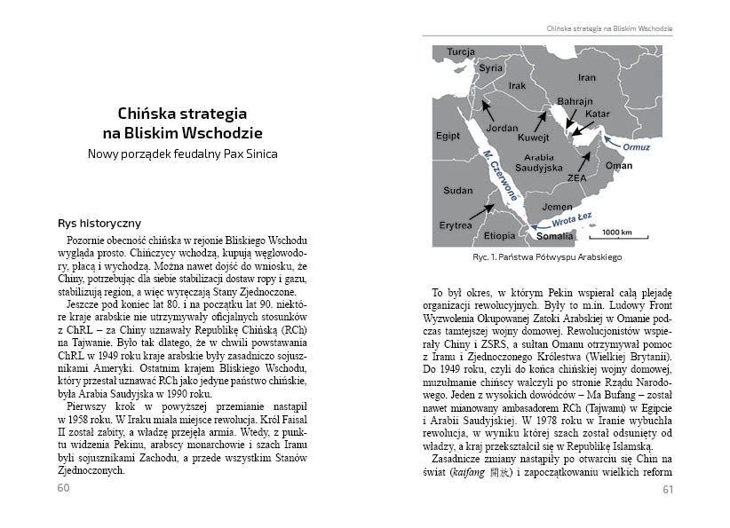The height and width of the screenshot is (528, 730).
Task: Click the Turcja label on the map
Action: tap(461, 52)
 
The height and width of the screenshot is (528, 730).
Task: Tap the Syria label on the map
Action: tap(490, 67)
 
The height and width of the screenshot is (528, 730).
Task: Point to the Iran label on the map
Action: tap(586, 77)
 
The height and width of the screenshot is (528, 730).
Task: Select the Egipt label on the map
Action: tap(448, 136)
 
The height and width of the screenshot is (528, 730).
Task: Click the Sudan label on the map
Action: tap(458, 190)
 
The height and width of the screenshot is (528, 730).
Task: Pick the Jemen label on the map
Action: tap(558, 207)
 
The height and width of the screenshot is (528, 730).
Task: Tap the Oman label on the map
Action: tap(619, 166)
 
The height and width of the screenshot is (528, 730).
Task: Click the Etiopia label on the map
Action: tap(499, 236)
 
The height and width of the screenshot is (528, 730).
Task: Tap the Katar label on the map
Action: tap(598, 114)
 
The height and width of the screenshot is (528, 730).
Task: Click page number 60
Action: tap(63, 488)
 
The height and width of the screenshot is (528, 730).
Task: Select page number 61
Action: tap(668, 488)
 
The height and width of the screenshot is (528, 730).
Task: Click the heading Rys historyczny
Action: tap(99, 224)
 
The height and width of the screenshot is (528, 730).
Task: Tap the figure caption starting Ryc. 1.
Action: tap(547, 257)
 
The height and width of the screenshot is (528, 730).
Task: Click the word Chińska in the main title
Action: tap(150, 114)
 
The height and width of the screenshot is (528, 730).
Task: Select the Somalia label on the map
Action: tap(555, 236)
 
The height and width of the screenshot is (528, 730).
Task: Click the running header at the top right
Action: tap(609, 29)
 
